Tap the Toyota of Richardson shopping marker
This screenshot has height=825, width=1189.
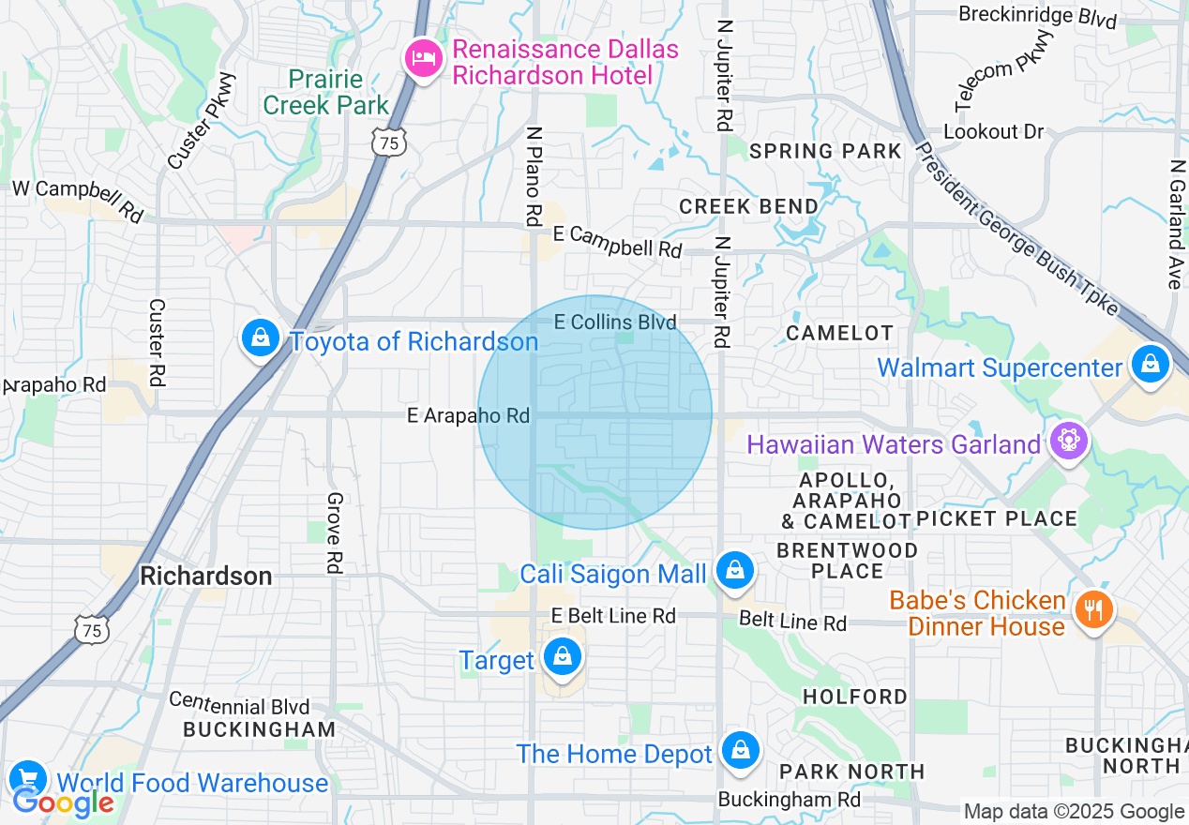pyautogui.click(x=261, y=338)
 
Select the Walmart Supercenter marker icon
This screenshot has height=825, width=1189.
pyautogui.click(x=1150, y=364)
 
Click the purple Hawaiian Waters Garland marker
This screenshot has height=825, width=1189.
pyautogui.click(x=1067, y=439)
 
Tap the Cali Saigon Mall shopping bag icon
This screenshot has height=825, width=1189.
pyautogui.click(x=735, y=570)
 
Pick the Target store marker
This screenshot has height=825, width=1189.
pyautogui.click(x=562, y=657)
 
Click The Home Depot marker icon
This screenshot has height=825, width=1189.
pyautogui.click(x=741, y=751)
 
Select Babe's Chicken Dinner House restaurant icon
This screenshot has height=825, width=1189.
pyautogui.click(x=1093, y=610)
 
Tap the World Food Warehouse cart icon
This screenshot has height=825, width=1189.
pyautogui.click(x=27, y=779)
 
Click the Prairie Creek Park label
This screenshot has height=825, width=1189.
pyautogui.click(x=325, y=92)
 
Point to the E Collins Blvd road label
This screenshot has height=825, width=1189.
pyautogui.click(x=615, y=322)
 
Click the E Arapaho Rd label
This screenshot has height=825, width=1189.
pyautogui.click(x=468, y=415)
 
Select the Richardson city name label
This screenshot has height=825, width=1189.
pyautogui.click(x=206, y=576)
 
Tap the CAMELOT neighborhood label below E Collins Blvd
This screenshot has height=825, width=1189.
pyautogui.click(x=839, y=333)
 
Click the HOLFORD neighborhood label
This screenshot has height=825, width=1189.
pyautogui.click(x=855, y=697)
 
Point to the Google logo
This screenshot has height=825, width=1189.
pyautogui.click(x=63, y=803)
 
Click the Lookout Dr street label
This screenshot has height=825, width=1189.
pyautogui.click(x=993, y=131)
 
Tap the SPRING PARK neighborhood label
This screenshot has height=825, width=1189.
pyautogui.click(x=825, y=151)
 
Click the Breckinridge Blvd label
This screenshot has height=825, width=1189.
pyautogui.click(x=1037, y=17)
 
